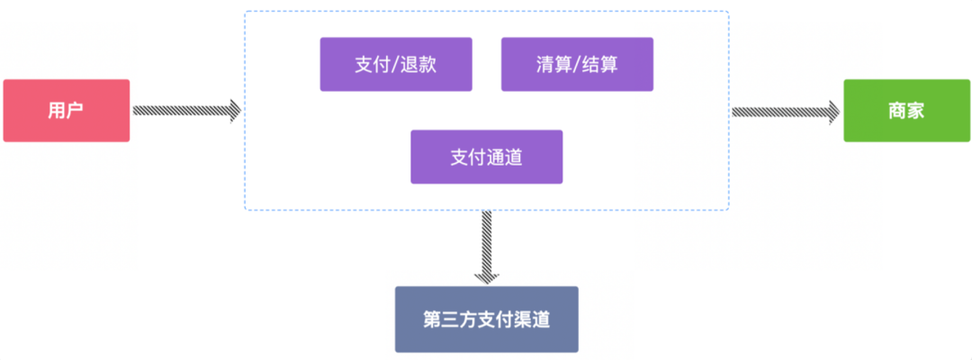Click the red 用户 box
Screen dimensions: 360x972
tap(67, 111)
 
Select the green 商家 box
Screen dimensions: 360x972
tap(906, 111)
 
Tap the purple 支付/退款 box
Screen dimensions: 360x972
tap(396, 65)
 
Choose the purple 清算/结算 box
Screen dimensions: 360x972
tap(577, 65)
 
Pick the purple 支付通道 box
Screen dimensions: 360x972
tap(487, 157)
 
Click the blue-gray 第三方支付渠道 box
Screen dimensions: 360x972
tap(487, 319)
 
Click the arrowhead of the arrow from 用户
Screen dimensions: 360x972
tap(234, 111)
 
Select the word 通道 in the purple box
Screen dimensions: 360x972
tap(505, 157)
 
